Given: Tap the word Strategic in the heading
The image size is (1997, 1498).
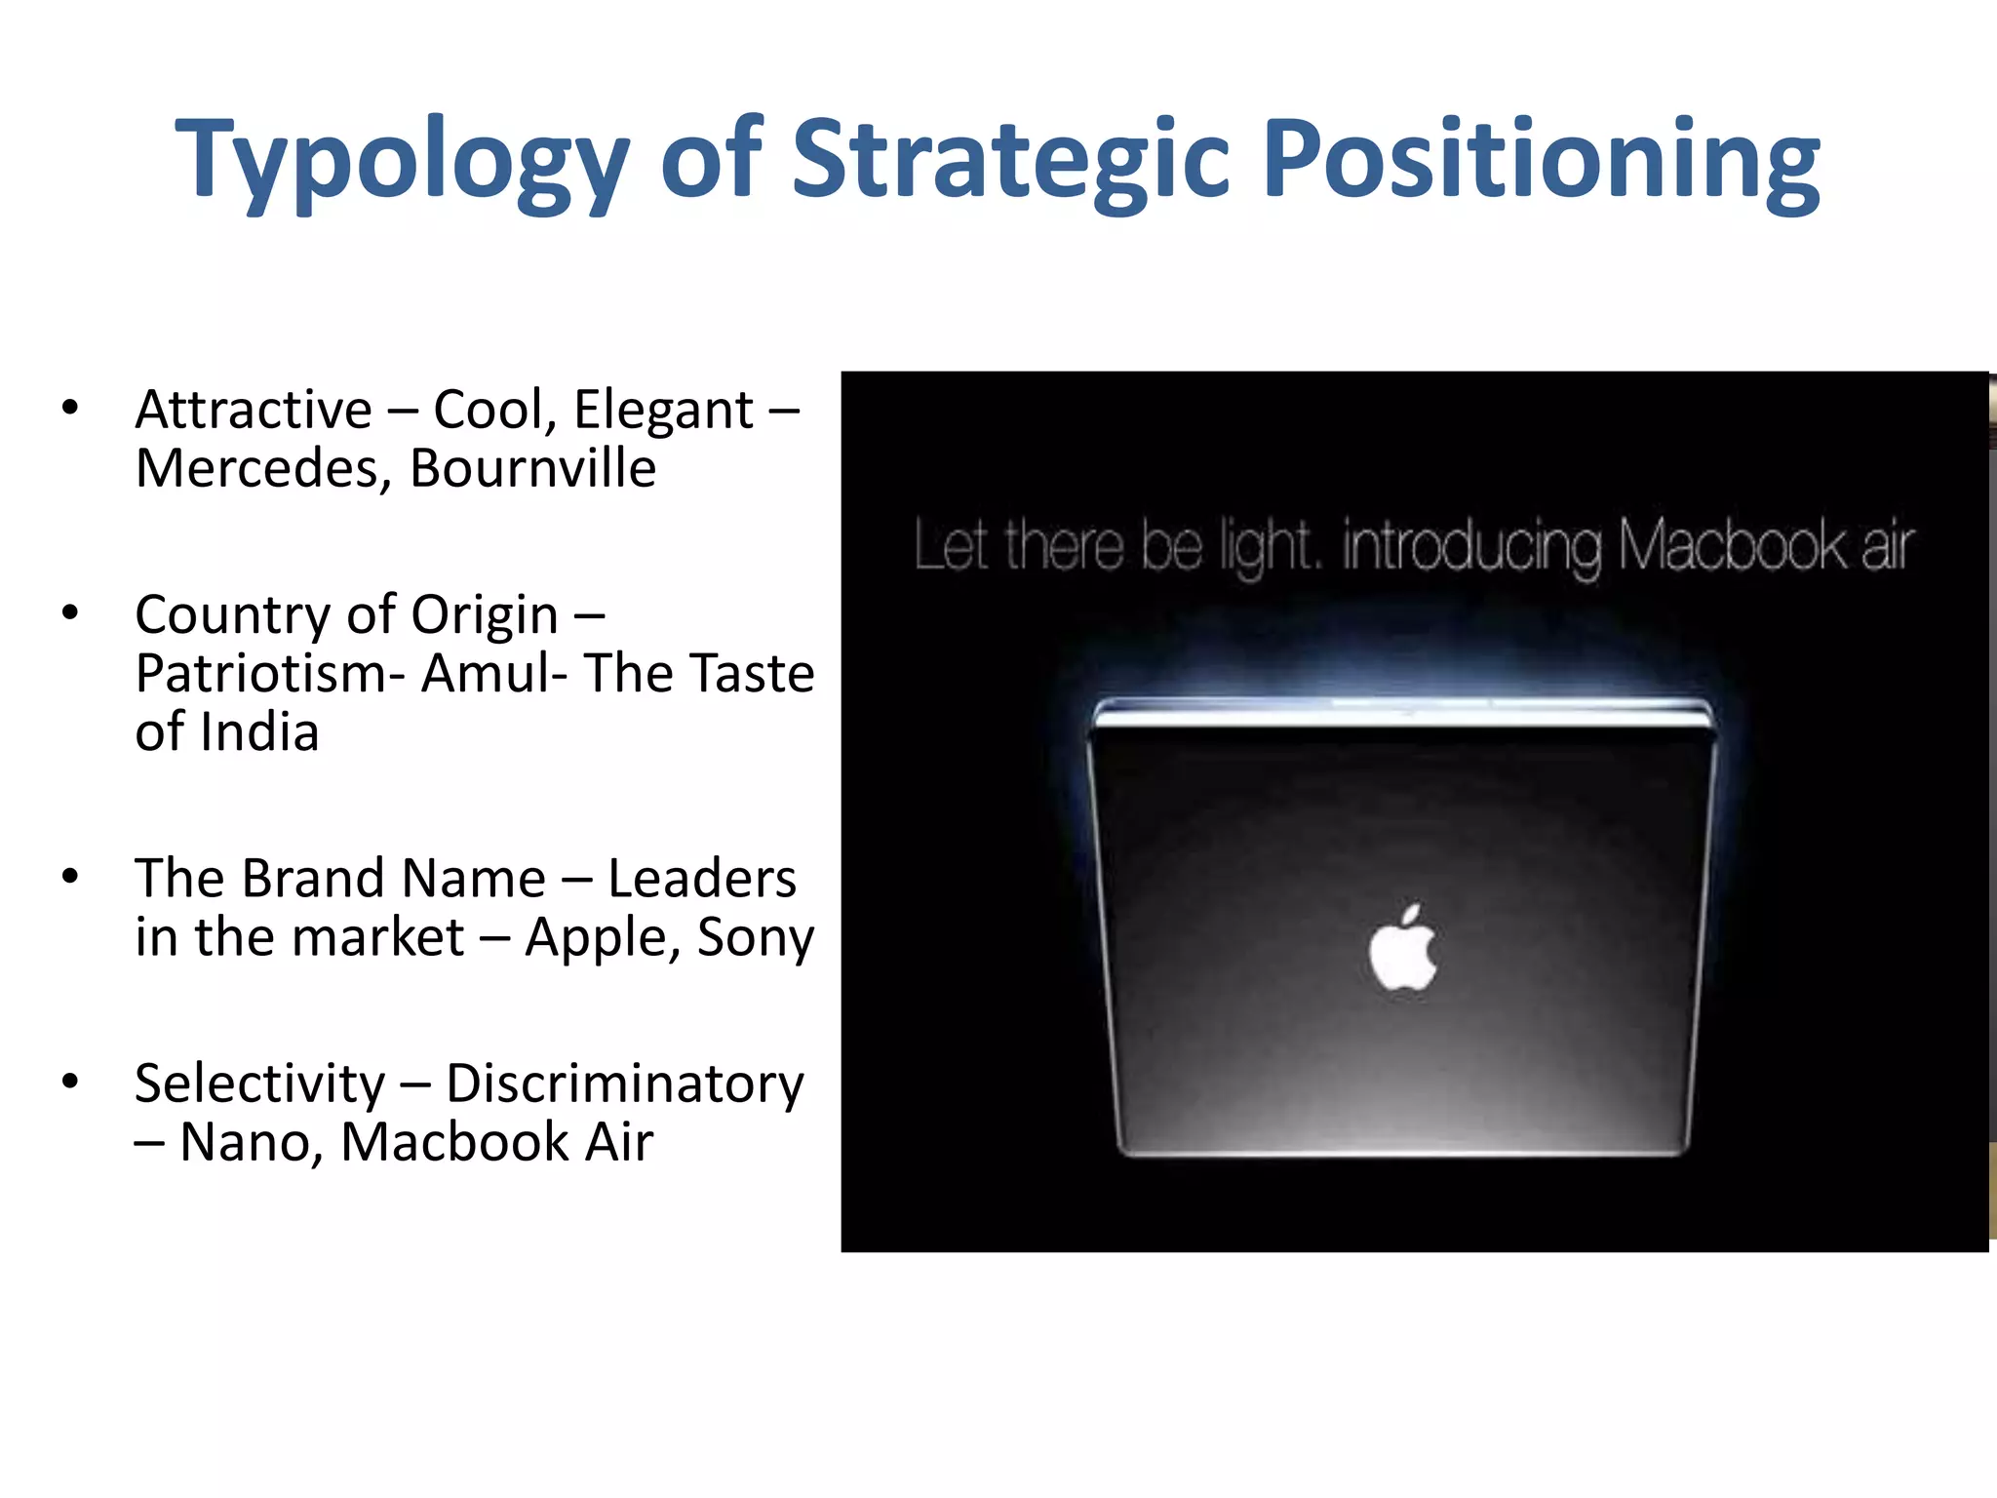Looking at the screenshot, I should click(x=1010, y=161).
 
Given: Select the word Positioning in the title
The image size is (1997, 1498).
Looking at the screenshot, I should click(x=1541, y=161).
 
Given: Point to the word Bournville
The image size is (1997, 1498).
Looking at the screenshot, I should click(x=532, y=468).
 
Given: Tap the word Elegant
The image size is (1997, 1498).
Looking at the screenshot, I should click(x=663, y=410).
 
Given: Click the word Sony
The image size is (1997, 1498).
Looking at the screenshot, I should click(x=755, y=938).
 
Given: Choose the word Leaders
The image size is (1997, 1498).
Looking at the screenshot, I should click(x=701, y=878).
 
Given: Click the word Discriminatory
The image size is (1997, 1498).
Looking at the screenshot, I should click(x=624, y=1084).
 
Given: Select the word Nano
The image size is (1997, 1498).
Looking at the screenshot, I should click(x=250, y=1142).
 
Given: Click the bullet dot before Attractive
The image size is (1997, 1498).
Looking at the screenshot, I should click(x=69, y=408).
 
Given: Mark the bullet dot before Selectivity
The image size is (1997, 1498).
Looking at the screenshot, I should click(x=69, y=1082).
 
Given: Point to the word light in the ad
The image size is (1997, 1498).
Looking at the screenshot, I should click(x=1268, y=547).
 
